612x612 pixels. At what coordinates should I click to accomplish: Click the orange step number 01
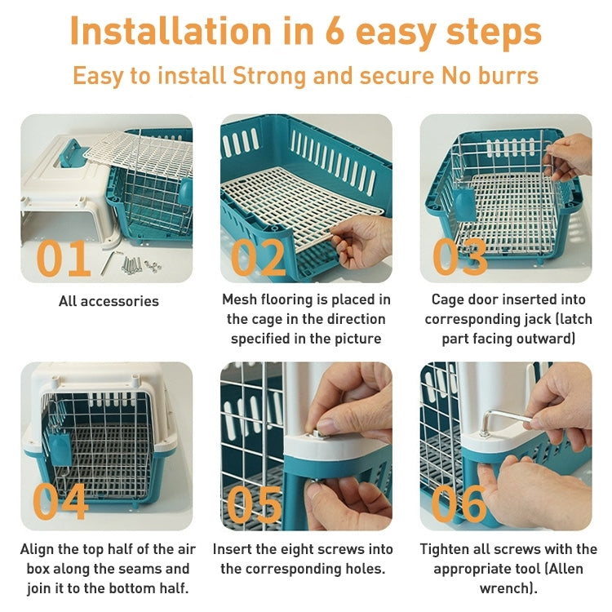[64, 258]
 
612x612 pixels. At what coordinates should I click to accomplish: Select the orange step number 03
[460, 258]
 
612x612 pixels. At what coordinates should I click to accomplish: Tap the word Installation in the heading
[171, 33]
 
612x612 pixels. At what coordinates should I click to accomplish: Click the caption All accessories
[109, 301]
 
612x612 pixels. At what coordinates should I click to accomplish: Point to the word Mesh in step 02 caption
[242, 299]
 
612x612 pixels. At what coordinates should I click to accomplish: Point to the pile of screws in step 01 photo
[139, 264]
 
